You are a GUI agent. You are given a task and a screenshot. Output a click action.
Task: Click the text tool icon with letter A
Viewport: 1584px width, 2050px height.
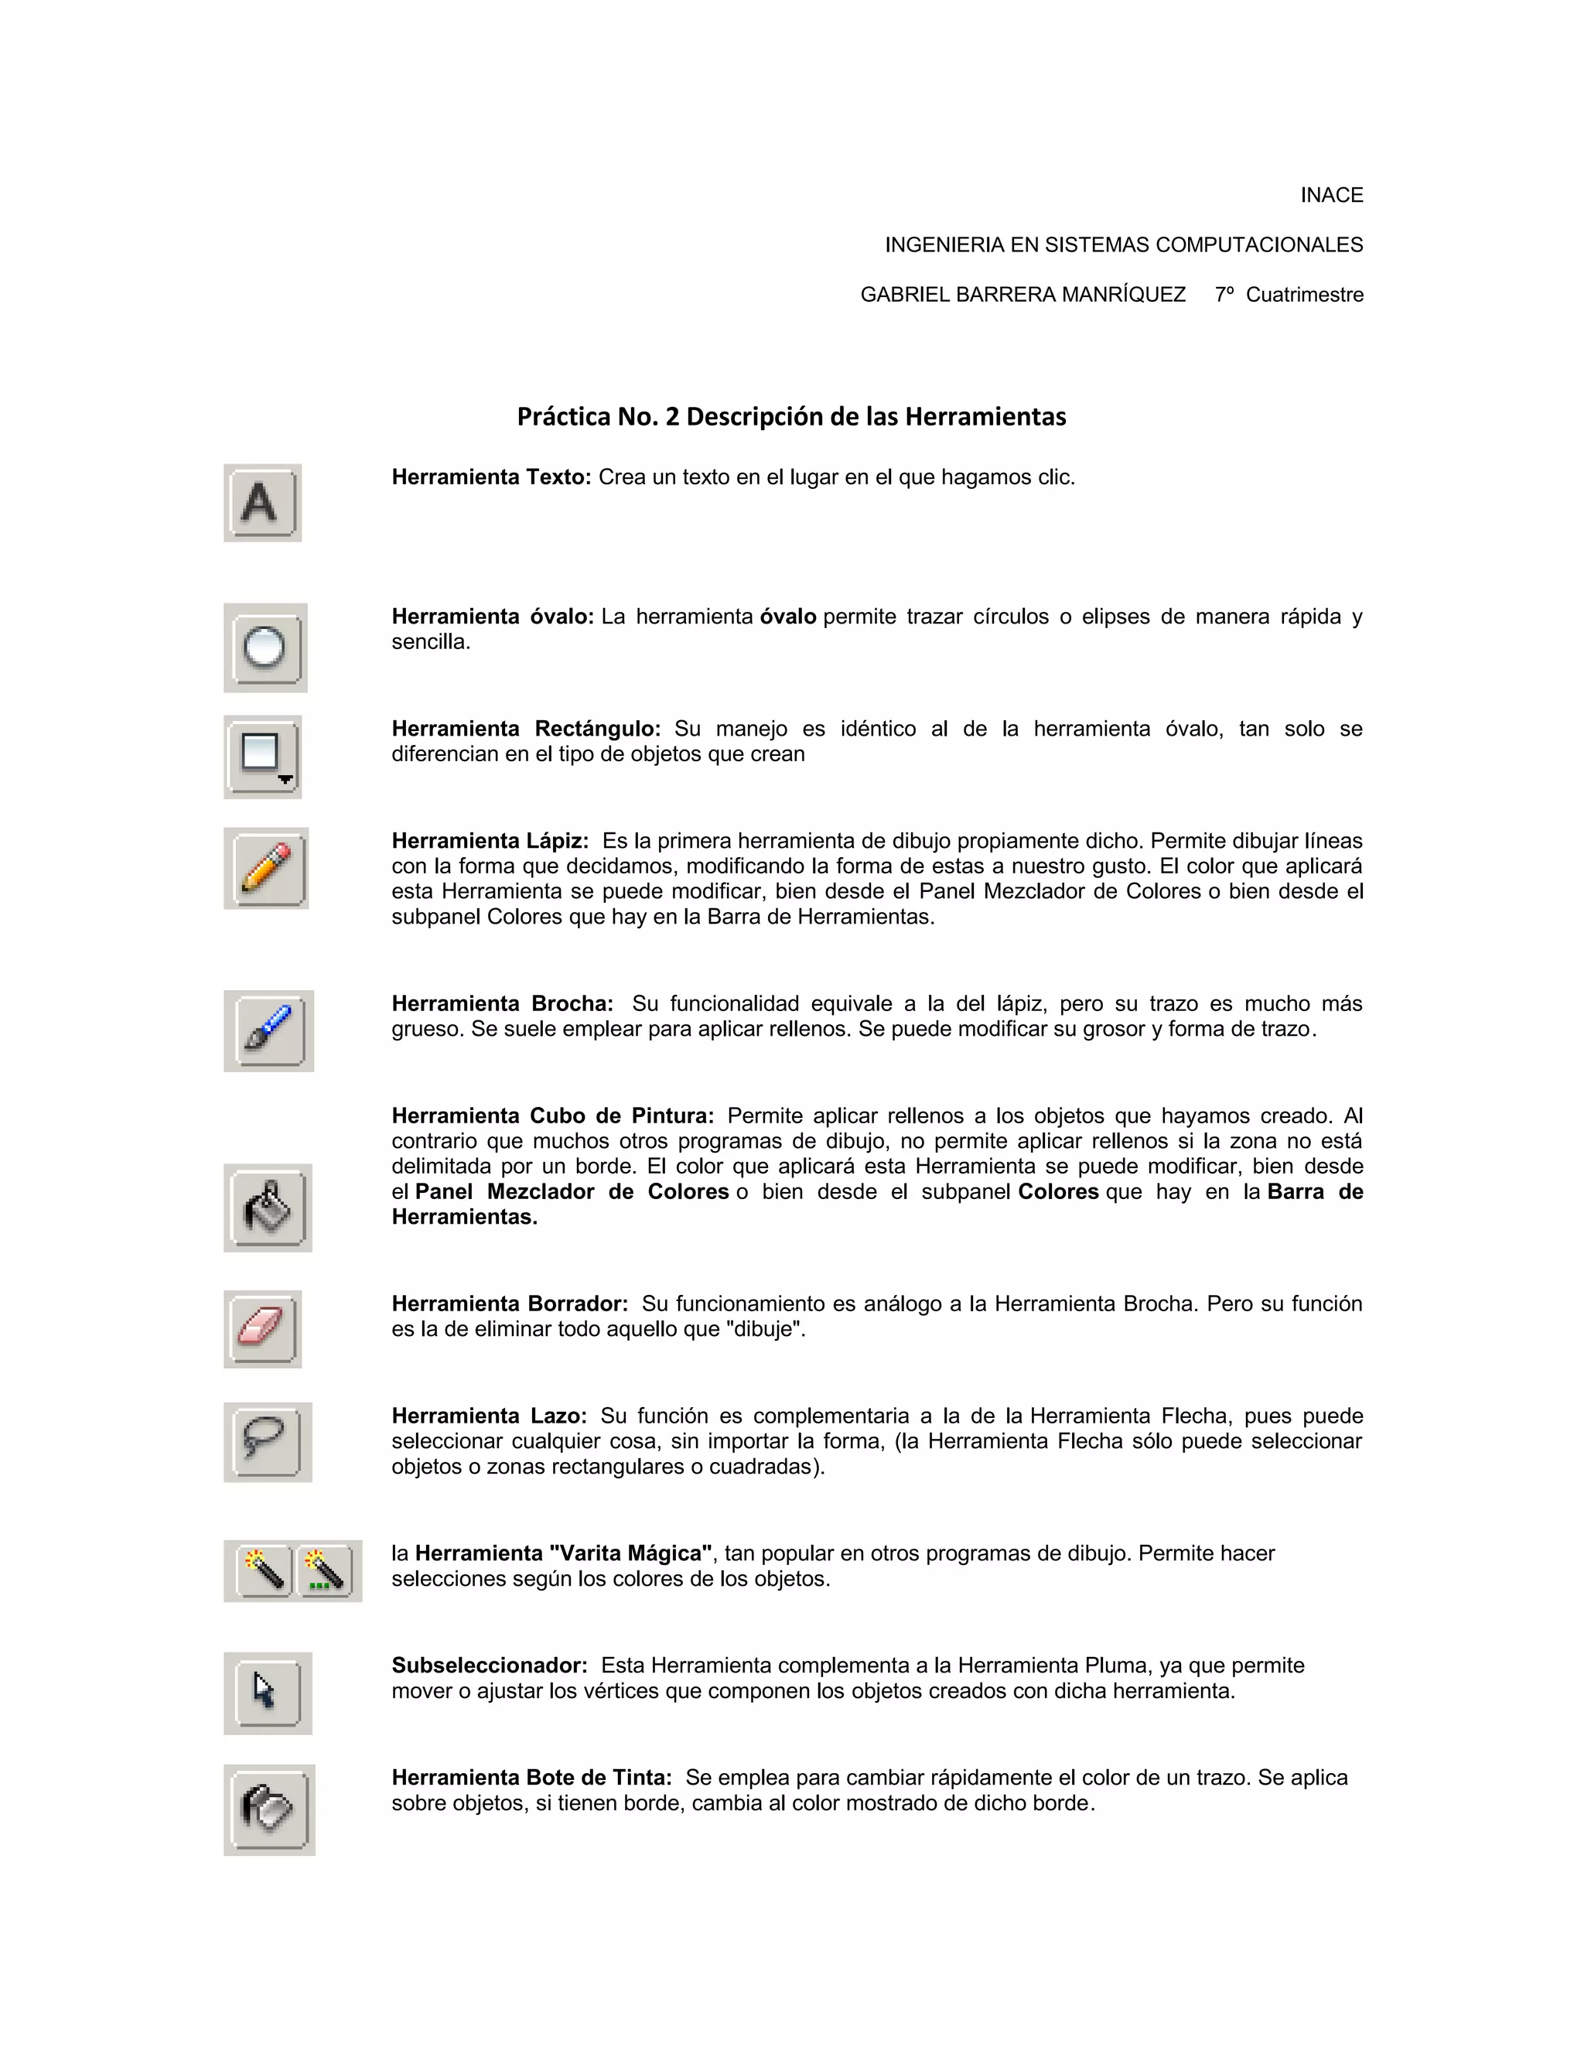coord(262,503)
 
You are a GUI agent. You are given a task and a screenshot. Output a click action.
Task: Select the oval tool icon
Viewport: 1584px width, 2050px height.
coord(265,647)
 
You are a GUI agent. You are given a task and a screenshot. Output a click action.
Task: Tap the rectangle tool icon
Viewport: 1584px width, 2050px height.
coord(263,757)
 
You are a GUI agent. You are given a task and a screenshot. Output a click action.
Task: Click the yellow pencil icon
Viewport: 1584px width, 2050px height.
coord(267,868)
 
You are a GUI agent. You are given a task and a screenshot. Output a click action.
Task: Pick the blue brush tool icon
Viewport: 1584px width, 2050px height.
coord(268,1030)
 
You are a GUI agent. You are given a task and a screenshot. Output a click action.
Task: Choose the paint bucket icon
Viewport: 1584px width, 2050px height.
coord(268,1208)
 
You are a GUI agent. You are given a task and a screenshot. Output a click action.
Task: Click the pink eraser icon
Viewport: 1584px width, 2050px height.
coord(262,1329)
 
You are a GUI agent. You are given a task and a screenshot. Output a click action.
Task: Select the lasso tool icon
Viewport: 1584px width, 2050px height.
coord(267,1442)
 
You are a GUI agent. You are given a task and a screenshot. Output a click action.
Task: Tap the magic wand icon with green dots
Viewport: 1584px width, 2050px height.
coord(326,1570)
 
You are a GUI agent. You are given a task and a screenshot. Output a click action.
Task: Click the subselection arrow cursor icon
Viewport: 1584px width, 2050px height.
coord(267,1693)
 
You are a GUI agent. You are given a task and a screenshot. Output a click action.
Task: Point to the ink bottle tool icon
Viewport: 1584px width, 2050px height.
coord(268,1809)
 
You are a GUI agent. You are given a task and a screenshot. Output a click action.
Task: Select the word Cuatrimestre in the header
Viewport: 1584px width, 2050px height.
coord(1303,295)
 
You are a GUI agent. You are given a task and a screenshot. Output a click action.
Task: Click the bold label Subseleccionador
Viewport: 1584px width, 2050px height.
coord(489,1666)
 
